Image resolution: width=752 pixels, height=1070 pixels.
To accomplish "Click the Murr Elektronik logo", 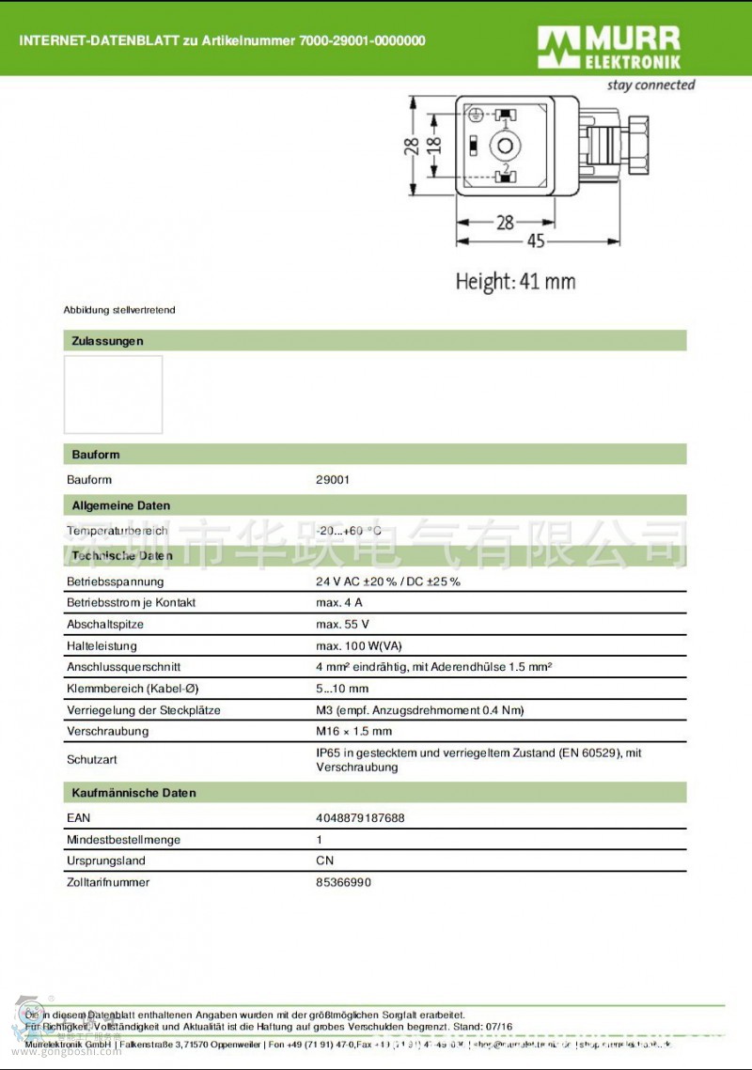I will click(x=609, y=48).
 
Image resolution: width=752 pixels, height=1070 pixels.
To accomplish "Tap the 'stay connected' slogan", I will click(x=650, y=85).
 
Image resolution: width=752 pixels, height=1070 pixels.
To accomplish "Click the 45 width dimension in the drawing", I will click(x=535, y=241).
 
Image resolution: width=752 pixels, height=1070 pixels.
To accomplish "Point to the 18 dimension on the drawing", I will click(x=432, y=146).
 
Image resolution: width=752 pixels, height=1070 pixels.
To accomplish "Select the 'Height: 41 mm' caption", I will click(x=515, y=281).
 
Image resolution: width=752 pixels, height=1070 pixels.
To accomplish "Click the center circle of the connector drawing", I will click(x=507, y=147).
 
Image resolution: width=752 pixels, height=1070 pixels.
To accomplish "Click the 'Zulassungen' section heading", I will click(x=107, y=341).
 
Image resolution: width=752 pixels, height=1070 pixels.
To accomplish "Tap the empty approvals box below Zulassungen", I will click(x=113, y=395).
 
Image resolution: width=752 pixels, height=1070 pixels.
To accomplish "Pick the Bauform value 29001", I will click(x=333, y=480).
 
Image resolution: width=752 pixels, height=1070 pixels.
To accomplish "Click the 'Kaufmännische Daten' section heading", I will click(x=133, y=793).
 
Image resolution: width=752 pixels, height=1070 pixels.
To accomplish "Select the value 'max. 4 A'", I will click(x=338, y=603).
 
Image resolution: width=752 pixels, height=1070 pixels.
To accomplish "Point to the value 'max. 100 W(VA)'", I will click(x=358, y=646).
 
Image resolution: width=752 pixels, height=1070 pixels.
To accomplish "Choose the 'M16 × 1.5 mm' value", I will click(x=353, y=731).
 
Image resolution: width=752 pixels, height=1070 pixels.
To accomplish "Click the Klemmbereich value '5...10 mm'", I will click(x=342, y=689).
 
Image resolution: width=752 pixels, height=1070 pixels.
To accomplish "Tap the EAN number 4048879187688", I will click(x=360, y=818).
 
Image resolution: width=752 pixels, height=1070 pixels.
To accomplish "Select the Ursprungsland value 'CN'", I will click(x=324, y=861).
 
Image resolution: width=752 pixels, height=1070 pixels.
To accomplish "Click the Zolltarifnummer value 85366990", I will click(x=343, y=882).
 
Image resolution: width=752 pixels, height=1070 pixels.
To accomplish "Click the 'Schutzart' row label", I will click(x=92, y=759).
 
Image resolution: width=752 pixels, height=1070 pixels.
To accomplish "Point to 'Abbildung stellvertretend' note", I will click(x=119, y=310).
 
